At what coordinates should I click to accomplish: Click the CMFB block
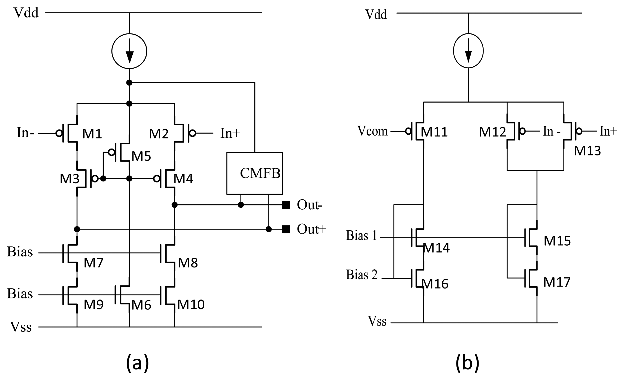point(255,173)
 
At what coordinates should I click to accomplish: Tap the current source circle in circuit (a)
point(129,51)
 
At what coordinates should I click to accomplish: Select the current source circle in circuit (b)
point(468,51)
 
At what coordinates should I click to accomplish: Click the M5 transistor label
point(141,156)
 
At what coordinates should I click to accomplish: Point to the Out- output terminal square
point(286,205)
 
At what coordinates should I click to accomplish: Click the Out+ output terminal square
point(286,229)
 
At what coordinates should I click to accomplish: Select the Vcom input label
point(372,131)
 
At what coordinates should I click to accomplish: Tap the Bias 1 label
point(361,236)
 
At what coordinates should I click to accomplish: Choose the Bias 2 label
point(362,275)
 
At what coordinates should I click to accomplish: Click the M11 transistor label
point(434,132)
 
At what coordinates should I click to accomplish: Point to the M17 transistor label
point(557,282)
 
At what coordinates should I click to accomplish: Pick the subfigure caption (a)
point(137,363)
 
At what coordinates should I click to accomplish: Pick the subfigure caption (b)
point(467,363)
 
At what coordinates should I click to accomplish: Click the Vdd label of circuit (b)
point(376,14)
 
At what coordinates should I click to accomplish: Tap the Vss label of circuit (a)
point(21,327)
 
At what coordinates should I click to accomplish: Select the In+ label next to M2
point(230,133)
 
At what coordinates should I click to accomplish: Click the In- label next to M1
point(25,133)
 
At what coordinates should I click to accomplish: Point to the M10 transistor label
point(191,304)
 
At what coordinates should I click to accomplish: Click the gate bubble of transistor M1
point(59,133)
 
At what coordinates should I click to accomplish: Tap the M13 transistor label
point(587,151)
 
